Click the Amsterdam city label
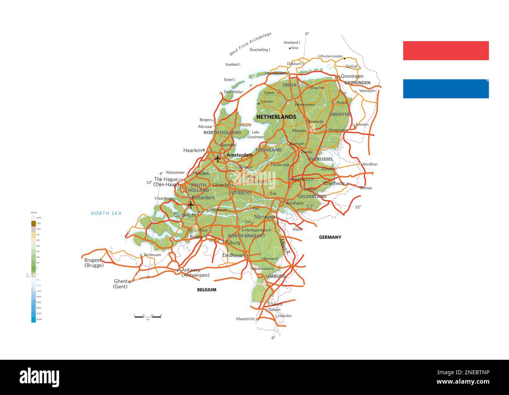[240, 155]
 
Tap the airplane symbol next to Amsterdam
[218, 159]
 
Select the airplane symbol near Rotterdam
[191, 204]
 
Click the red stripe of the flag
[446, 51]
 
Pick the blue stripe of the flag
[446, 88]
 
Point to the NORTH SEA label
[106, 213]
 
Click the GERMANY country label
[330, 237]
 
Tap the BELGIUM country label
[206, 290]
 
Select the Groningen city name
[352, 76]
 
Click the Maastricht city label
[245, 319]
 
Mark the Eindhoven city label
[233, 255]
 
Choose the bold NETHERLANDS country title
[276, 117]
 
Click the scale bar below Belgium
[148, 316]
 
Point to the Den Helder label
[233, 92]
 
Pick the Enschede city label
[334, 183]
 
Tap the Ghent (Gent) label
[120, 284]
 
